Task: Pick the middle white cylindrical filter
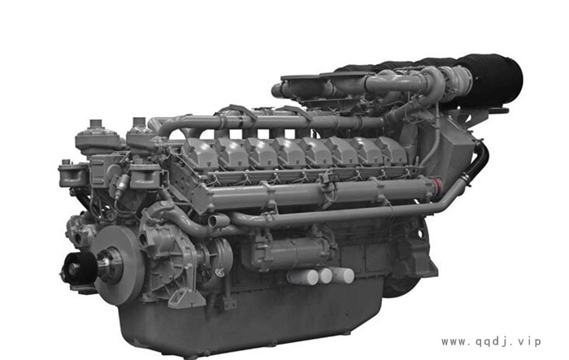325,275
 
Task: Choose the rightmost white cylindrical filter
342,275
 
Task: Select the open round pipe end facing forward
215,221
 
